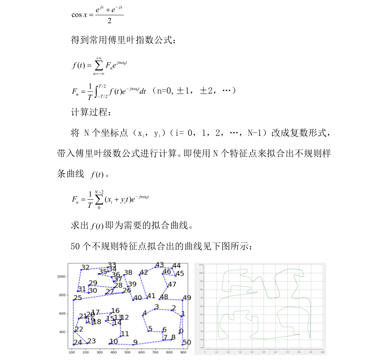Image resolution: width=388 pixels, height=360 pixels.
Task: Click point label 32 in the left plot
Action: pyautogui.click(x=85, y=268)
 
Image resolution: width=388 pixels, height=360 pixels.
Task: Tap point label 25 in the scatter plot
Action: pyautogui.click(x=77, y=298)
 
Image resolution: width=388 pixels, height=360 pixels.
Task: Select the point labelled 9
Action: pyautogui.click(x=135, y=342)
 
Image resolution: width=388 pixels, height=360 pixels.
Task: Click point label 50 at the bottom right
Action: pyautogui.click(x=187, y=342)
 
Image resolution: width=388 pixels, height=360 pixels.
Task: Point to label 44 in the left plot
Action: pyautogui.click(x=176, y=266)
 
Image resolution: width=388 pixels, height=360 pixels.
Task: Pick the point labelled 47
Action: pyautogui.click(x=172, y=285)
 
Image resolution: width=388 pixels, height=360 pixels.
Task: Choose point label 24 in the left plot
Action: pyautogui.click(x=77, y=342)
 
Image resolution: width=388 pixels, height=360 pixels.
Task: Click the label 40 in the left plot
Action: pyautogui.click(x=137, y=298)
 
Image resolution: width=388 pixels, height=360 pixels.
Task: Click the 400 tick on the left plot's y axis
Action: pyautogui.click(x=62, y=332)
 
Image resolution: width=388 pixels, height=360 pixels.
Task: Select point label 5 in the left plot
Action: pyautogui.click(x=150, y=329)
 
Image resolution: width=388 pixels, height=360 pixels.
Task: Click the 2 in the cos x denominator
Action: pyautogui.click(x=109, y=21)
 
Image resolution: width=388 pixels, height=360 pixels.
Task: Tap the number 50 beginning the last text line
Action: pyautogui.click(x=76, y=245)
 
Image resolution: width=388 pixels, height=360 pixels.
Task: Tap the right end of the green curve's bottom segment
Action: pyautogui.click(x=300, y=334)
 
